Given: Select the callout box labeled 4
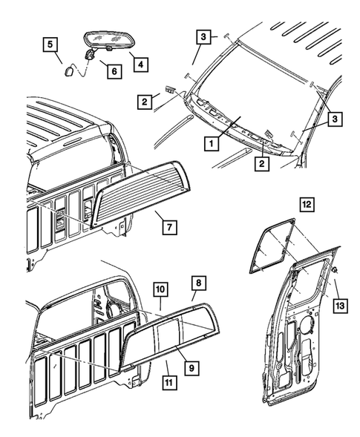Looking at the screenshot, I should pos(139,65).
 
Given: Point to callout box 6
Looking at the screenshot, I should pos(114,72).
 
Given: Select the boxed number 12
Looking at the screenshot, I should pos(307,201).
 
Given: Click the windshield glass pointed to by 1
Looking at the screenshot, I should pos(245,89).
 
